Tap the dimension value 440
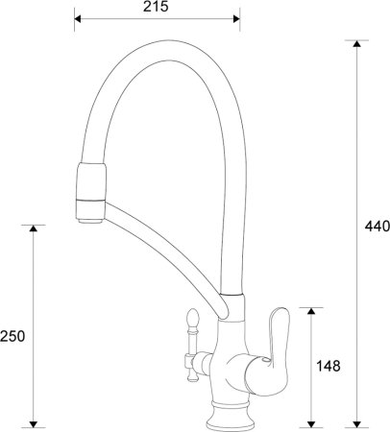click(x=377, y=227)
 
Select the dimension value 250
click(x=12, y=336)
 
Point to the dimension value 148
click(x=329, y=366)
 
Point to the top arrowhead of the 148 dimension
click(x=310, y=312)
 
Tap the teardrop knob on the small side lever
click(x=189, y=316)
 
